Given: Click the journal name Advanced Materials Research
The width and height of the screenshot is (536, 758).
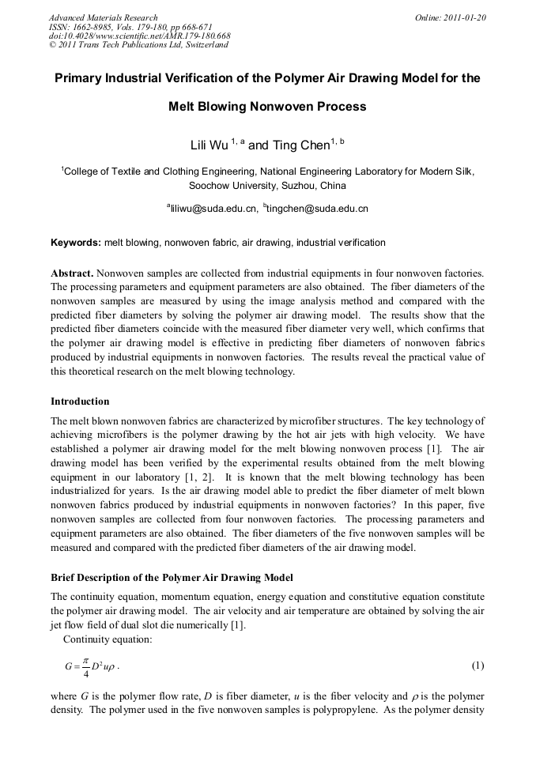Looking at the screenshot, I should click(x=103, y=17).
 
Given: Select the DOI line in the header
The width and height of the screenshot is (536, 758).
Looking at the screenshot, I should click(x=139, y=36).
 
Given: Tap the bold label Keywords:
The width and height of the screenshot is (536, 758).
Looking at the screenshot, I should click(x=76, y=242).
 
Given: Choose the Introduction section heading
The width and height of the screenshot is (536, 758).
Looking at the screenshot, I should click(x=80, y=402).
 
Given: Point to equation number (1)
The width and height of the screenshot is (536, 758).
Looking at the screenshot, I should click(x=477, y=666).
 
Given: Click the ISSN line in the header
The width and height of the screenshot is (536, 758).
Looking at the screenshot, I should click(x=124, y=27).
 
